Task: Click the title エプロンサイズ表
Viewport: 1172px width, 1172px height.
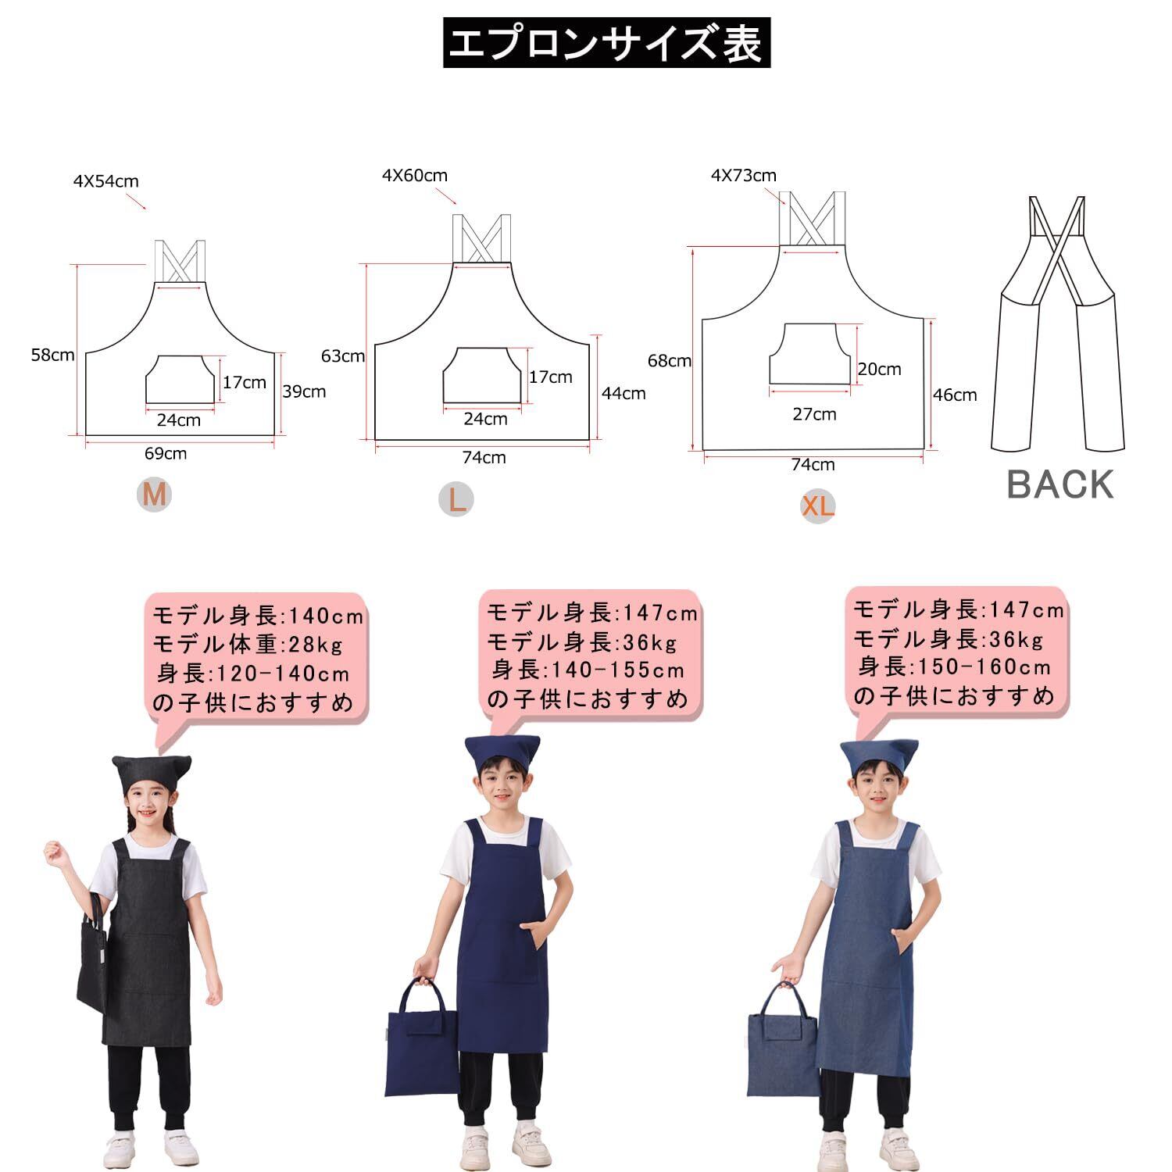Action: point(606,43)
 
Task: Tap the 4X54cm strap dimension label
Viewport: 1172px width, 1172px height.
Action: point(106,181)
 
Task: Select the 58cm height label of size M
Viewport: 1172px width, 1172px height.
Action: point(52,355)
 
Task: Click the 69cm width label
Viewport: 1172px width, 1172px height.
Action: point(166,453)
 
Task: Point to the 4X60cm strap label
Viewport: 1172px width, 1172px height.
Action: point(415,176)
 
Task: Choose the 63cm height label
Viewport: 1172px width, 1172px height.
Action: point(343,356)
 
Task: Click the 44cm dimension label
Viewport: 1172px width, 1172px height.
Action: point(624,393)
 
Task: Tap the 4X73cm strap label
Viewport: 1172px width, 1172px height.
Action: point(744,176)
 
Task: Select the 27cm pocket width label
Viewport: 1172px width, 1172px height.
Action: point(815,414)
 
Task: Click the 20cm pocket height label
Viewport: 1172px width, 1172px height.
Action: point(880,369)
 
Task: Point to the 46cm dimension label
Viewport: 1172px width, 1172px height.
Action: point(955,395)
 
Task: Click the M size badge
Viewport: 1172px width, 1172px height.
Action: point(154,495)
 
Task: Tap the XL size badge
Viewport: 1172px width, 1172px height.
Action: point(818,506)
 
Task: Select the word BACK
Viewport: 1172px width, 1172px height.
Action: point(1059,484)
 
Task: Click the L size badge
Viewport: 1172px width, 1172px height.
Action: point(456,499)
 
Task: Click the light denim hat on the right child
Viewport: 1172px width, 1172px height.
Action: point(879,756)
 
